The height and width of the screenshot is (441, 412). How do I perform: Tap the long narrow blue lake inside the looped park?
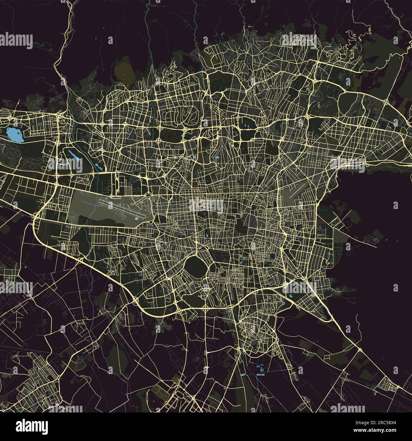pos(73,155)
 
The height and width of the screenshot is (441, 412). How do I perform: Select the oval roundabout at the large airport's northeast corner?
pos(149,194)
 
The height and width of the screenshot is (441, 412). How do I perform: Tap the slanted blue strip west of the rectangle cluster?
pos(242,375)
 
